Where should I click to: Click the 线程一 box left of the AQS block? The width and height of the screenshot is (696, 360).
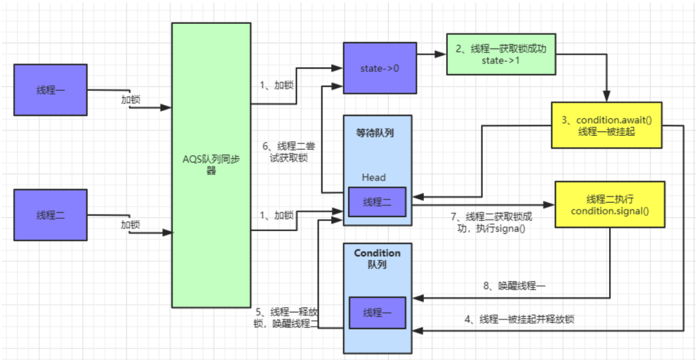click(x=50, y=90)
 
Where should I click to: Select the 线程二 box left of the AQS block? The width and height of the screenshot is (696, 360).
click(x=50, y=215)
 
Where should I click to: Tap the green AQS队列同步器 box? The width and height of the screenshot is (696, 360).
click(x=211, y=165)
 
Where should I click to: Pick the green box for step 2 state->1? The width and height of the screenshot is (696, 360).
click(x=500, y=55)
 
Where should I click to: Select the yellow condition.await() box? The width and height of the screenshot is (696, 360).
click(x=606, y=125)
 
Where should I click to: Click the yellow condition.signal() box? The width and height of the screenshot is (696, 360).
click(x=610, y=204)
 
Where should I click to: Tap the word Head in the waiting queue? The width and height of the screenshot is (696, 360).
click(x=374, y=177)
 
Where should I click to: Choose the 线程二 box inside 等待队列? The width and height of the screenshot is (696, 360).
click(x=377, y=202)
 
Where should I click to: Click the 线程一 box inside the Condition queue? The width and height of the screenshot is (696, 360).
click(x=377, y=312)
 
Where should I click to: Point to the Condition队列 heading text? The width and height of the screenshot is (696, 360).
click(x=377, y=259)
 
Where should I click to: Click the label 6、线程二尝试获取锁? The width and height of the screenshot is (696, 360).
click(x=292, y=151)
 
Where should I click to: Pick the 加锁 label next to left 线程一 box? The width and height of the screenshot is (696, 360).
click(x=131, y=100)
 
